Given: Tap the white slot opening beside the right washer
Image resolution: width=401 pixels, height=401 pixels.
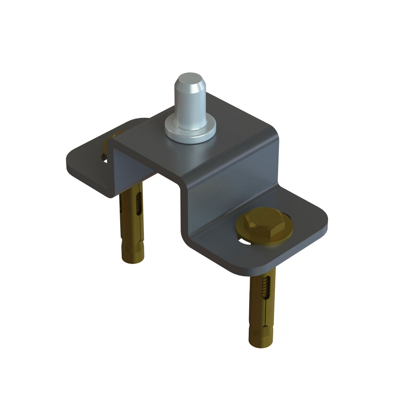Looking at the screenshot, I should point(244,241).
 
